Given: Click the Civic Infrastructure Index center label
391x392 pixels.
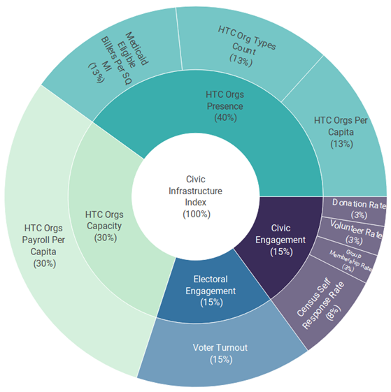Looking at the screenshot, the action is click(x=196, y=196).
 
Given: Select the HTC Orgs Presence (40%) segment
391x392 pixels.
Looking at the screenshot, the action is click(x=225, y=106).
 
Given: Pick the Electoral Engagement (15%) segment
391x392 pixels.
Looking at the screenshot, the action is click(x=211, y=291).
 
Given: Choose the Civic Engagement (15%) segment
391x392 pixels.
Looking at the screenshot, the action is click(x=281, y=240).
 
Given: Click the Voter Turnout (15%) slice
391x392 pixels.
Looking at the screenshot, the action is click(x=220, y=353).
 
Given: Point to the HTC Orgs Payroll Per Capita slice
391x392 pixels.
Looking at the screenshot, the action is click(x=44, y=245).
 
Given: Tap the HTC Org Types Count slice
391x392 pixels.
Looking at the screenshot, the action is click(x=247, y=48).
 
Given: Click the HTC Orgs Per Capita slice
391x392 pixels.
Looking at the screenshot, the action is click(x=341, y=132).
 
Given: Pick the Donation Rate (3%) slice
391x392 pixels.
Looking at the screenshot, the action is click(x=358, y=210).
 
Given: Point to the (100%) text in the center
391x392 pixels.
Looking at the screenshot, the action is click(x=197, y=215).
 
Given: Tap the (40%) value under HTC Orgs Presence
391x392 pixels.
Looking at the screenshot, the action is click(x=225, y=118).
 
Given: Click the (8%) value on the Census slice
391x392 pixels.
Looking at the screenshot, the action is click(x=334, y=313).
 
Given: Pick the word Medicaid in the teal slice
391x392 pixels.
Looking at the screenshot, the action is click(x=136, y=48).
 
